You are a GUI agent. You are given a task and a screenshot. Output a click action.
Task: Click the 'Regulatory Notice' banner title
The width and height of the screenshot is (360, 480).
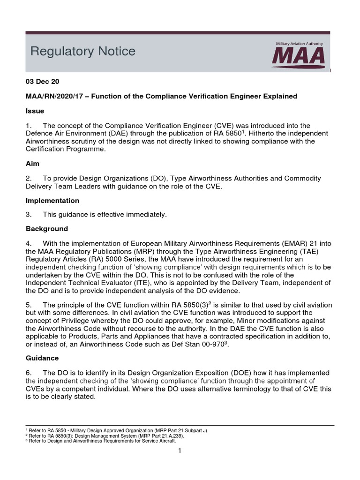82,51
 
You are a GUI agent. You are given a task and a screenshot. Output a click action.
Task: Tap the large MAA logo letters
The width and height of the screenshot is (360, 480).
299,57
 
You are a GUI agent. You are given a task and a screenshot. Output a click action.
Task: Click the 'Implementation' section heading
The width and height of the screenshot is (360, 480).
52,200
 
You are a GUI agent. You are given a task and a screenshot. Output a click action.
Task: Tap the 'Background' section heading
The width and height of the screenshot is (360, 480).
46,229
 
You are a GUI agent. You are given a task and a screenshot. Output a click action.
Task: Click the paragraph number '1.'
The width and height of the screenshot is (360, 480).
29,126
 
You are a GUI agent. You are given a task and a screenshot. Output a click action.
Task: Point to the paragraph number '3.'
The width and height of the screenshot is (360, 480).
29,215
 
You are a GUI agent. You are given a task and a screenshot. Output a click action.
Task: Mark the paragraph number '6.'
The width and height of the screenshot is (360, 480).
29,373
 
